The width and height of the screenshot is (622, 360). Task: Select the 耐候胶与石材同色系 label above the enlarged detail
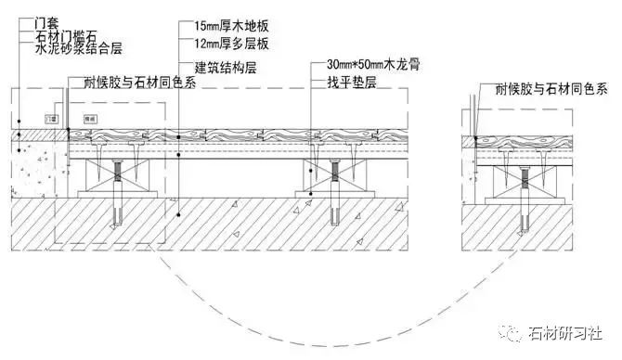point(546,90)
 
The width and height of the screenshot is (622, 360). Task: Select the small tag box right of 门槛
point(91,119)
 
